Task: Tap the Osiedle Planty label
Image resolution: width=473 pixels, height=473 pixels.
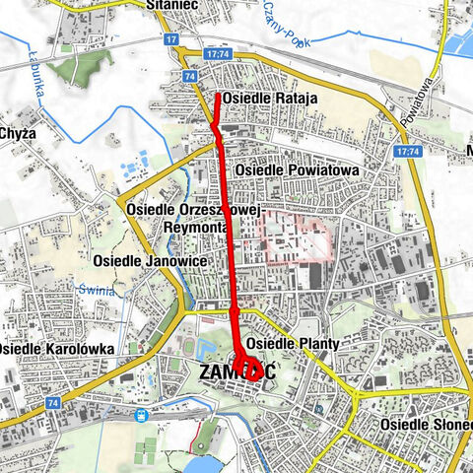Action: coord(292,343)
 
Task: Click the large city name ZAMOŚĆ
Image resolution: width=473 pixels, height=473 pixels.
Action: coord(236,373)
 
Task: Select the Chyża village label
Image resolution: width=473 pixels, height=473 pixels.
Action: coord(17,133)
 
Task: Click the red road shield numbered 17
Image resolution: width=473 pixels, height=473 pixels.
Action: coord(172,39)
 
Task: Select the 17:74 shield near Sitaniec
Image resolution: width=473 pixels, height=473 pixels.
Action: coord(218,55)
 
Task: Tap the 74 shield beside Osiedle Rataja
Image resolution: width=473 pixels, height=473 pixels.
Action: coord(189,75)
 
